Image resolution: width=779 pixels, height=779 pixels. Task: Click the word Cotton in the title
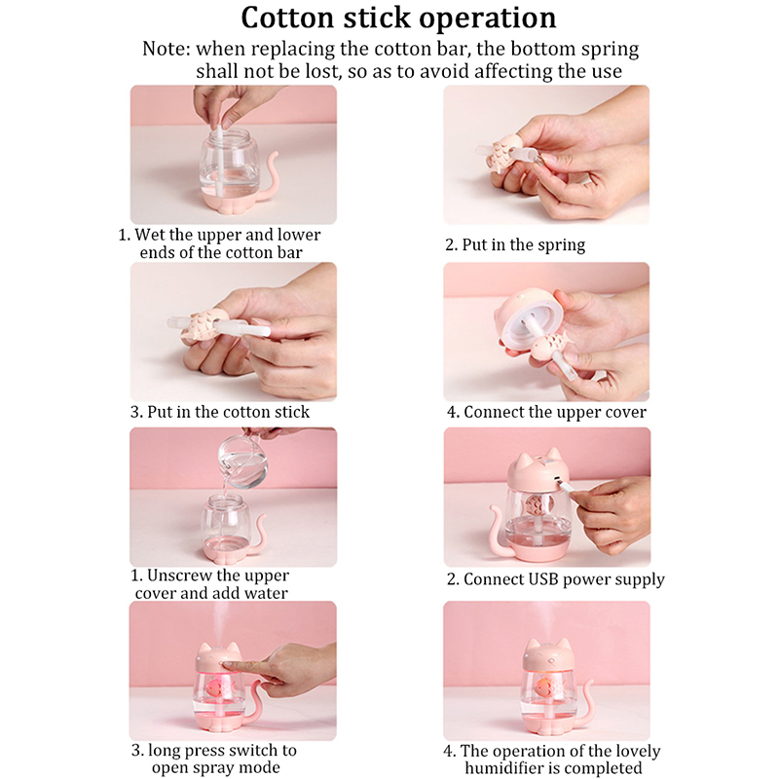pos(287,18)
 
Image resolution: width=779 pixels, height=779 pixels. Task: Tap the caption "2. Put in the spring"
pos(515,244)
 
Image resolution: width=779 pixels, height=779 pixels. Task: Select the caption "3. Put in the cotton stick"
pos(220,412)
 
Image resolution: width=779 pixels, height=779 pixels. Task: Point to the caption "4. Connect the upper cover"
pos(546,412)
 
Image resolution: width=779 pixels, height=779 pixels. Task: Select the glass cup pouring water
pos(243,461)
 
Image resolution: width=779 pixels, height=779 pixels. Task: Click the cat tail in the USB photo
pos(499,530)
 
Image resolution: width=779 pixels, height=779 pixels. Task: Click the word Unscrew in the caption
pos(181,575)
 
